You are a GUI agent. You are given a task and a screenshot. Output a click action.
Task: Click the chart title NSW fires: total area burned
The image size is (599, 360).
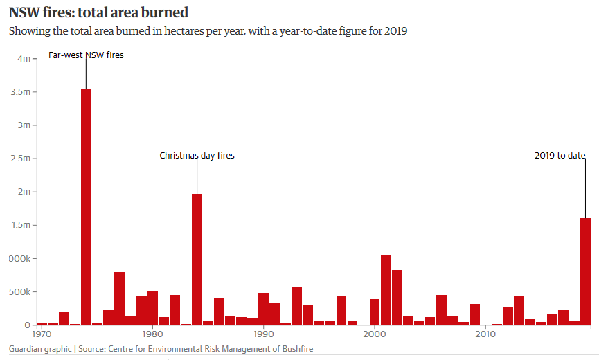[98, 12]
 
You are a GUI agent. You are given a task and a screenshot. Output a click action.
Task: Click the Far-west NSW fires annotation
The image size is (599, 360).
[86, 55]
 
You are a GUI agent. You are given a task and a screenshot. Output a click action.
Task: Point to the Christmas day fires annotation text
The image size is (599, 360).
[197, 156]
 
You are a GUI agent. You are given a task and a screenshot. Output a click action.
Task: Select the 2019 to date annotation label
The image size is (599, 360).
[560, 156]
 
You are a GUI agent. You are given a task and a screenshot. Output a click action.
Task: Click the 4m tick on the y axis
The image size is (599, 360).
[24, 59]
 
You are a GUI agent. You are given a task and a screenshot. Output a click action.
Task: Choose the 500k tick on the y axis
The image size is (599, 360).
[20, 291]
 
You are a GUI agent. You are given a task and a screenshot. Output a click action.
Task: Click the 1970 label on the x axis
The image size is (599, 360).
[42, 334]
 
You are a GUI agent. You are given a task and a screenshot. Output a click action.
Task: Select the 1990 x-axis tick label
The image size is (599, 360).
[263, 334]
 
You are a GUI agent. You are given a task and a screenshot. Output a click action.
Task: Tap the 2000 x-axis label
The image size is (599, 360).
[374, 334]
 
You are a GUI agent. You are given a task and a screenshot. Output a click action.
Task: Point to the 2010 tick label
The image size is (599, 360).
[485, 334]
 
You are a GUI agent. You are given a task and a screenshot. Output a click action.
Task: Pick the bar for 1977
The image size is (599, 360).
[119, 298]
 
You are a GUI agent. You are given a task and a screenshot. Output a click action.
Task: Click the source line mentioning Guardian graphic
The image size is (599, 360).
[161, 349]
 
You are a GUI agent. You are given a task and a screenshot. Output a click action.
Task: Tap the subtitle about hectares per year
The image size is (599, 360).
[207, 33]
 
